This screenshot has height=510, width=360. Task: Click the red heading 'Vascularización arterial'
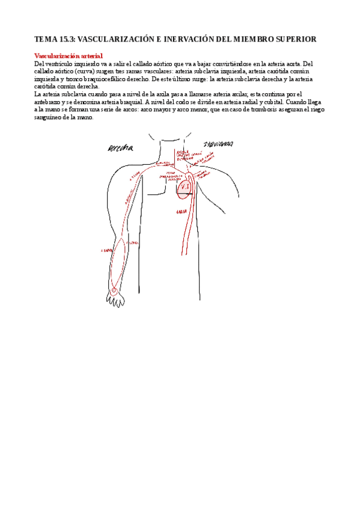tap(69, 55)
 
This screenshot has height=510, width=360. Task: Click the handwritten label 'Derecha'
tap(121, 148)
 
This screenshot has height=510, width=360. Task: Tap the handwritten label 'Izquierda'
tap(219, 144)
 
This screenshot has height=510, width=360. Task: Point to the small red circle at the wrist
tap(114, 290)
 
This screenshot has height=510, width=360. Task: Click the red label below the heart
tap(180, 212)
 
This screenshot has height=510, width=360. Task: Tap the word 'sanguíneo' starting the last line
tap(47, 117)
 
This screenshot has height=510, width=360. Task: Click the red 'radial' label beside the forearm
tap(108, 250)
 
